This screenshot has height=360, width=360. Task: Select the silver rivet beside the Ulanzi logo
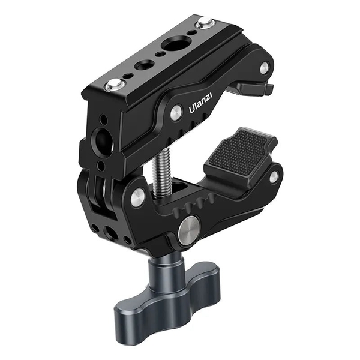click(175, 112)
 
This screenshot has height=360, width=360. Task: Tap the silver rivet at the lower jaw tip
click(274, 177)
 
